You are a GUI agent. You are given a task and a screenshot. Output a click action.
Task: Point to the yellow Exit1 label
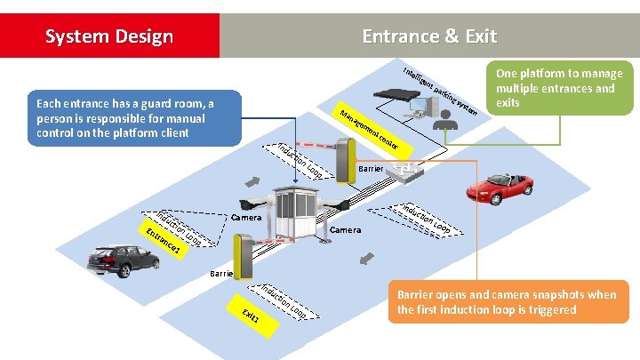click(x=250, y=318)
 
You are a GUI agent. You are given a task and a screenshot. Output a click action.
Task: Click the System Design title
click(x=108, y=36)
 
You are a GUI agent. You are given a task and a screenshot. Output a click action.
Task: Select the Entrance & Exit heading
click(x=429, y=36)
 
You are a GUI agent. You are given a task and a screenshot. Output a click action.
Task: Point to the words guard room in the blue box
click(x=170, y=104)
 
